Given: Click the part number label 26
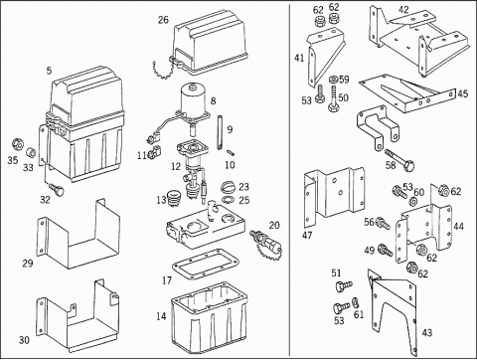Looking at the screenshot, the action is [163, 20].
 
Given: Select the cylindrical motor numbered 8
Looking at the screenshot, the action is [193, 99].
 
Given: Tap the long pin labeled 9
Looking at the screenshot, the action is [220, 132].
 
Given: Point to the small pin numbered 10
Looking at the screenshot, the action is [231, 153].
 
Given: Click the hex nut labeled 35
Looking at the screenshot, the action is [17, 144].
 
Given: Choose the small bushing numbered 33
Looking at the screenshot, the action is [31, 153].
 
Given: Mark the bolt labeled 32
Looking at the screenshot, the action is [57, 189].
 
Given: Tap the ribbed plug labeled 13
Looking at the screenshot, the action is [174, 198].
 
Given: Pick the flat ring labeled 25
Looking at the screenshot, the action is [228, 200].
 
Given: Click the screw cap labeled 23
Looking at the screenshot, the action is [228, 187].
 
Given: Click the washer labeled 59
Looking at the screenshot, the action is [333, 80].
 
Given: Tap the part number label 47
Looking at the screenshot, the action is [307, 235].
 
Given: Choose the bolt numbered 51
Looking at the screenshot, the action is [344, 286].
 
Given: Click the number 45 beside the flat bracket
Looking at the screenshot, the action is [463, 93].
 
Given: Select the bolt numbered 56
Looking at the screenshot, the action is [385, 223].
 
